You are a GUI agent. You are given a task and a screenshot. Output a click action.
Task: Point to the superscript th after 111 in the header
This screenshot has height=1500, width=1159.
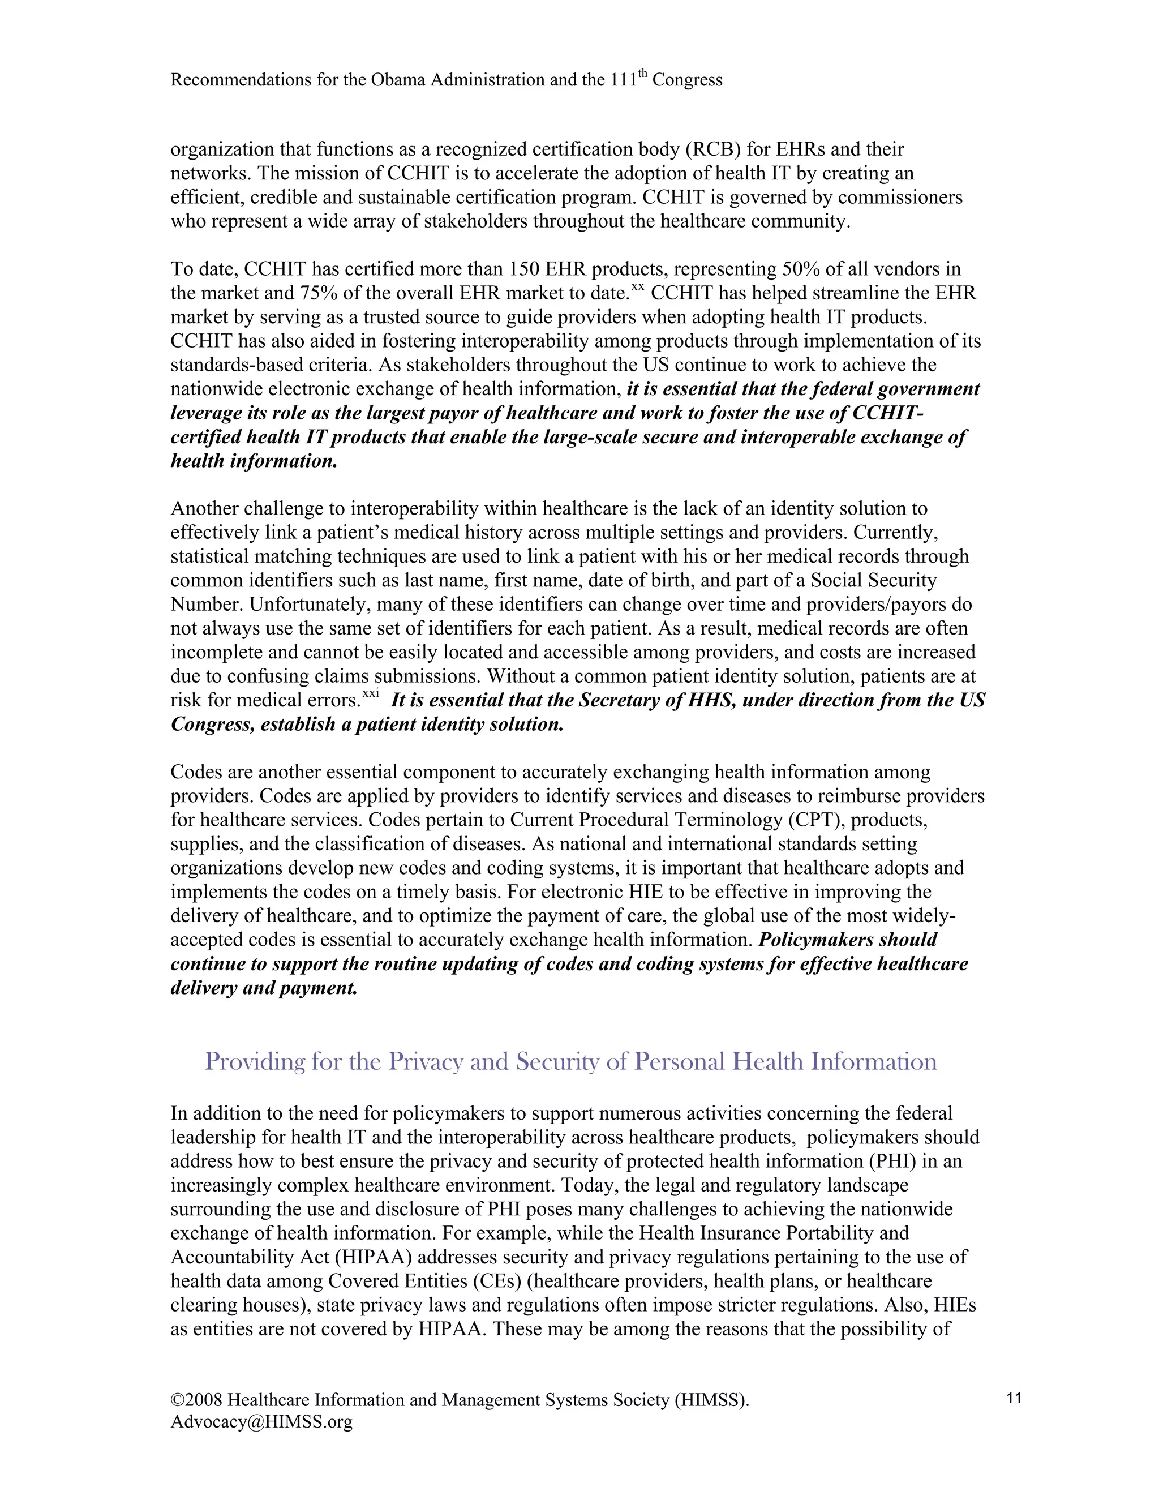[642, 74]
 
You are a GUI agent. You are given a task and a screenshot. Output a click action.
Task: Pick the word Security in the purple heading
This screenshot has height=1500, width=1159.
[557, 1062]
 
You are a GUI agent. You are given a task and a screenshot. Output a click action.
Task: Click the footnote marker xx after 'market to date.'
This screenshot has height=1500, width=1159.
[637, 288]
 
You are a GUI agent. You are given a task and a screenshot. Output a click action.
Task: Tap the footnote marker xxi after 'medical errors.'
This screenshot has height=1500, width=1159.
[371, 695]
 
